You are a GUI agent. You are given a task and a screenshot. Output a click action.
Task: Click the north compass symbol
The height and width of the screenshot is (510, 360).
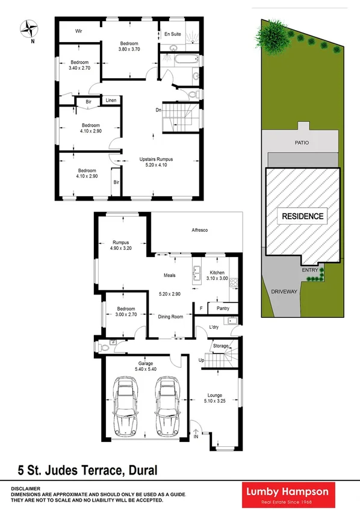[28, 28]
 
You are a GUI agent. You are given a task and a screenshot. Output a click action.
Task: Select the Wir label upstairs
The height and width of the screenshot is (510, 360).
[78, 31]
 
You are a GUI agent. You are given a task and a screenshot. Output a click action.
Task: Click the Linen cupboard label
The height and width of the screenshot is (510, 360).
[111, 101]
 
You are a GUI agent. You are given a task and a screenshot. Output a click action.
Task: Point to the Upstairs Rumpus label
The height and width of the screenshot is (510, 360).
[157, 160]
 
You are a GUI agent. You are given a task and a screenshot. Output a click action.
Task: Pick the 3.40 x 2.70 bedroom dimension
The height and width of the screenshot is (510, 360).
[79, 68]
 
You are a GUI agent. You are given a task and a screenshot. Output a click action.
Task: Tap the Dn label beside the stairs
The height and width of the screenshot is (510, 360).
[158, 110]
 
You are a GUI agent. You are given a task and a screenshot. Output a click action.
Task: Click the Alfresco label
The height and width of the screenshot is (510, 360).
[199, 230]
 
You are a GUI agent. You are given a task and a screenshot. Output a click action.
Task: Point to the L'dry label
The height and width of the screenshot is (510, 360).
[213, 327]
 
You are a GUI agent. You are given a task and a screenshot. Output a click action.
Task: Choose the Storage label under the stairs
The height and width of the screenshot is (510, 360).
[221, 346]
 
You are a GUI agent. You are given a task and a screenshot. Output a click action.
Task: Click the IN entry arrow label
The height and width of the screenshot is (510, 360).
[195, 437]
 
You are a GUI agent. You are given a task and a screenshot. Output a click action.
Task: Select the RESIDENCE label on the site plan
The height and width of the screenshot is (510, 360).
[301, 216]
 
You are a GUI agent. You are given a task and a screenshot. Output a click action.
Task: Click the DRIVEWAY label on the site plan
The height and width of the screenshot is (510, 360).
[284, 291]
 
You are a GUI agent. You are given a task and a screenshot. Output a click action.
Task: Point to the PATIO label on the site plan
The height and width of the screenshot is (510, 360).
[302, 143]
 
